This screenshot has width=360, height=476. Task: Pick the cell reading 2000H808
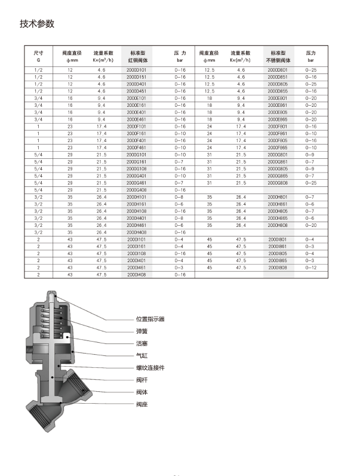click(278, 225)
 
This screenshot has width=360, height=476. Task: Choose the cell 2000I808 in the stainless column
click(278, 268)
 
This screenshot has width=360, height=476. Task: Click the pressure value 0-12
click(310, 268)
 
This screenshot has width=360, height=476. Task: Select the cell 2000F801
click(278, 127)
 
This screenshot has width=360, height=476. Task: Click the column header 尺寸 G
click(38, 57)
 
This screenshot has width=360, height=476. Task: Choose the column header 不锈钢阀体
click(278, 60)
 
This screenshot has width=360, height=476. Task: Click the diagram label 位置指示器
click(150, 319)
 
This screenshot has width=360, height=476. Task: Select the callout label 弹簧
click(141, 331)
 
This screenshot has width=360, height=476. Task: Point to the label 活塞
click(141, 343)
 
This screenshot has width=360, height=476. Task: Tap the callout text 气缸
click(141, 355)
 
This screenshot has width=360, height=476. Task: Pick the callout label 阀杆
click(141, 380)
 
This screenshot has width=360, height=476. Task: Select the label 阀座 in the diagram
click(141, 404)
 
